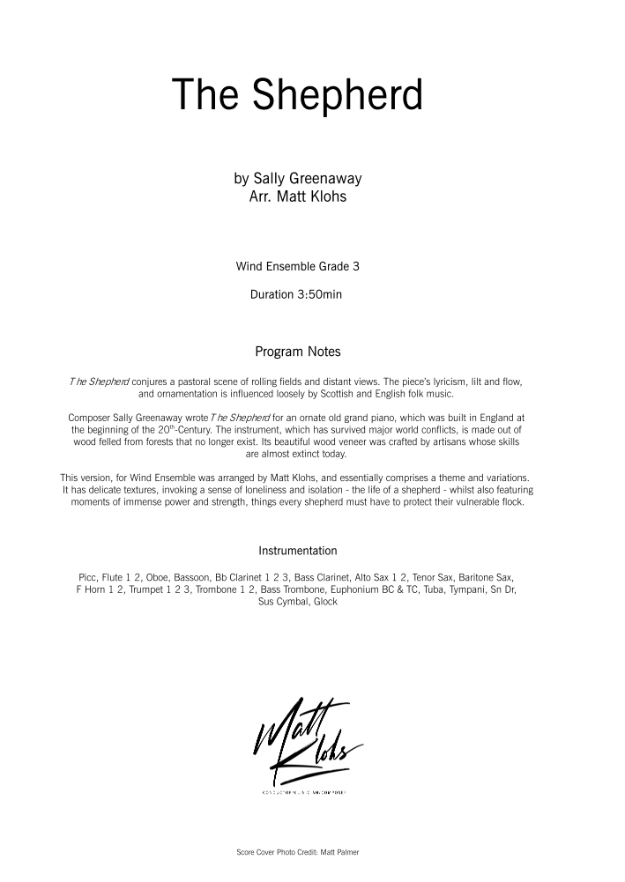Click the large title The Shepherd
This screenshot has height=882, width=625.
tap(297, 95)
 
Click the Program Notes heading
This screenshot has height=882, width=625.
tap(297, 352)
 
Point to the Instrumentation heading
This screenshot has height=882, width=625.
tap(297, 551)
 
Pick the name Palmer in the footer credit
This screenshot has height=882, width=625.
tap(346, 853)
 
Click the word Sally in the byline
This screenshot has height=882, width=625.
tap(269, 179)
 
